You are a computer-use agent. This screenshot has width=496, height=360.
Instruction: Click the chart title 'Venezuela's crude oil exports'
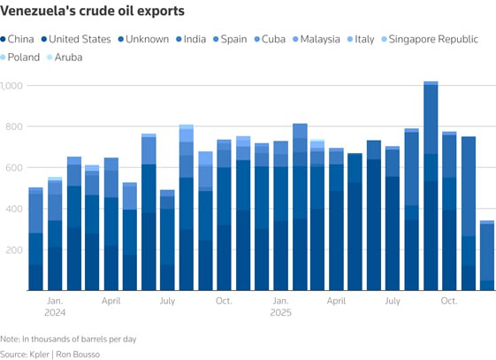[x=93, y=12]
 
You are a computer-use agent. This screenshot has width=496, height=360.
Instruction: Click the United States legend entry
[x=75, y=39]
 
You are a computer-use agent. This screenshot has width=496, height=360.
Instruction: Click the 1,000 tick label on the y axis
[x=12, y=86]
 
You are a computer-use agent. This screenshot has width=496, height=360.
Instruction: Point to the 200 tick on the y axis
[x=10, y=250]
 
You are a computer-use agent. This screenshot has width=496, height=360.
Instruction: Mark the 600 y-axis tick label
[x=10, y=168]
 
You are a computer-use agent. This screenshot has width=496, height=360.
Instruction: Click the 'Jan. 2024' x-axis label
[x=55, y=306]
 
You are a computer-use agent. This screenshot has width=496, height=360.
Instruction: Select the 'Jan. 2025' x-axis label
[x=280, y=306]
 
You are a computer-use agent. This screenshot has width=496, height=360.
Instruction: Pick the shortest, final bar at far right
[x=487, y=257]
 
